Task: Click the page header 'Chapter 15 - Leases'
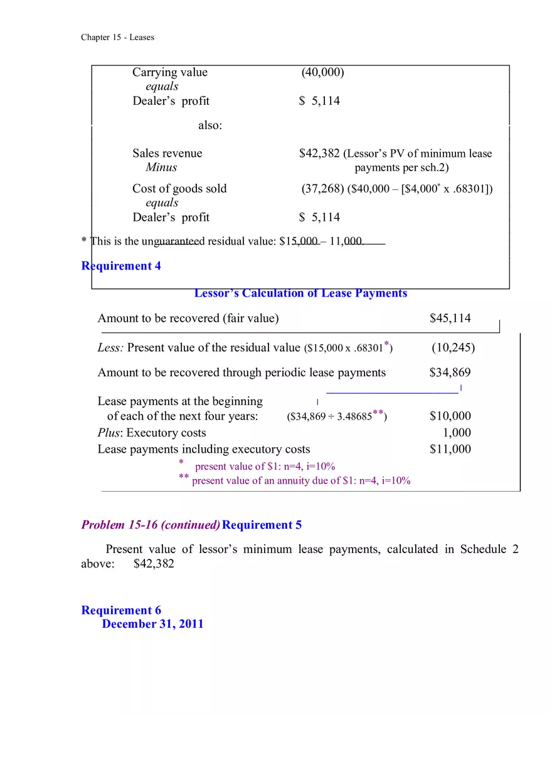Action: (x=117, y=37)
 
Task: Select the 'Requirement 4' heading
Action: (x=121, y=266)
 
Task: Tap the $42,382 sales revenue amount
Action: (x=319, y=154)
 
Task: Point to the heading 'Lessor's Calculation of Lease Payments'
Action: (x=300, y=293)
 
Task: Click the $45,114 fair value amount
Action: (x=450, y=319)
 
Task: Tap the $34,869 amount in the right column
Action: (x=450, y=373)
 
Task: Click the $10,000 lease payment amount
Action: (x=450, y=416)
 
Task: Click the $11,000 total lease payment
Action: (x=450, y=449)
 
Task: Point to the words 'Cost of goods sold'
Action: (x=179, y=189)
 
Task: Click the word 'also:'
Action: (x=210, y=125)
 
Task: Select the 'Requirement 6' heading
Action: (x=121, y=611)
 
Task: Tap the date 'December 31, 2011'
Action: (x=152, y=624)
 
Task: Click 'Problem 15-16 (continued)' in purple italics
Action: (x=151, y=526)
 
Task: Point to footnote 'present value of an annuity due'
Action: (x=301, y=481)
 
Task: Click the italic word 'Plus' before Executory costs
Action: (x=109, y=433)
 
